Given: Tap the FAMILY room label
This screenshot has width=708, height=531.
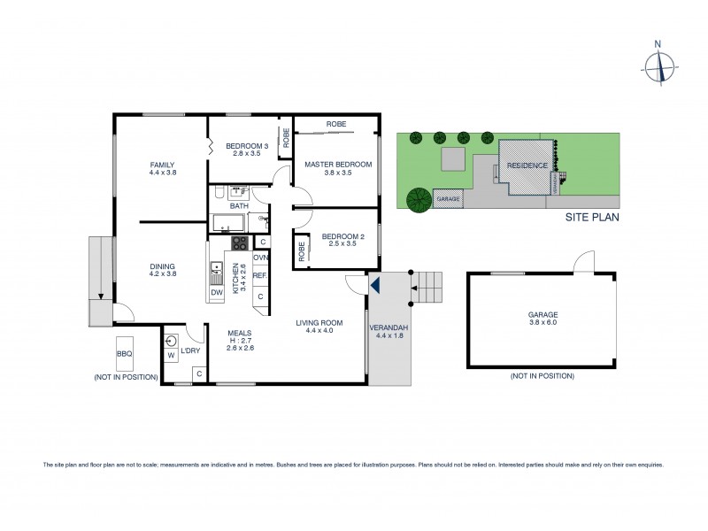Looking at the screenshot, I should (161, 165).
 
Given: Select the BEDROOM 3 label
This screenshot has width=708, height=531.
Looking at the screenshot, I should (246, 146).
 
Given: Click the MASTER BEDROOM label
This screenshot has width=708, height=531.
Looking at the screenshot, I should (338, 165).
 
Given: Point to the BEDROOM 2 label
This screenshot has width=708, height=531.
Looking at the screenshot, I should (338, 235).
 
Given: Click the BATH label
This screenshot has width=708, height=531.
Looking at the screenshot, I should (227, 206).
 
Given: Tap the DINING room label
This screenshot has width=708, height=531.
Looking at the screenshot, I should (161, 265).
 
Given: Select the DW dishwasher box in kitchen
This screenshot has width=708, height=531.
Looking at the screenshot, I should (216, 293).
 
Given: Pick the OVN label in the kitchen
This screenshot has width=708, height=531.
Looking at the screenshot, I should (260, 258).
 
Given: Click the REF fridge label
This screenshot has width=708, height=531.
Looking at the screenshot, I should (260, 276).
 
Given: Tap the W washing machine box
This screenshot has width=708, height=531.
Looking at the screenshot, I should (171, 356).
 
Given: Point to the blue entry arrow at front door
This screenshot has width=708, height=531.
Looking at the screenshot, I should (374, 285).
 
